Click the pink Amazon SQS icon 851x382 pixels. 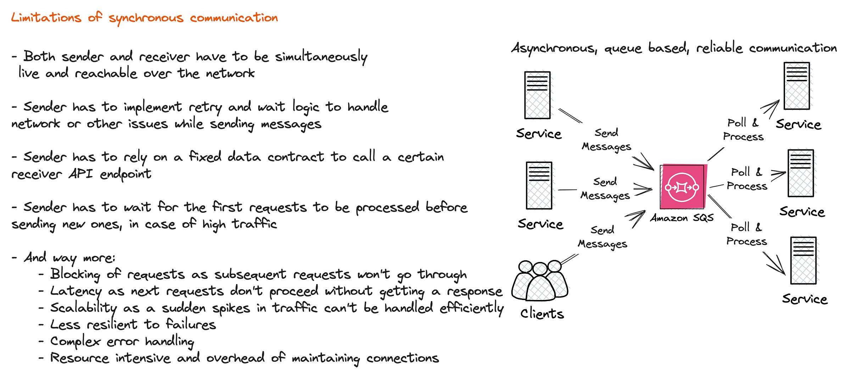tap(683, 187)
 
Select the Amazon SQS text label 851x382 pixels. tap(682, 218)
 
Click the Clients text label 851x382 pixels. tap(542, 313)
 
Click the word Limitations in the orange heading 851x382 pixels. tap(46, 17)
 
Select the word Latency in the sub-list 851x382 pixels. tap(76, 291)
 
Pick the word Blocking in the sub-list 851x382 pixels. tap(75, 274)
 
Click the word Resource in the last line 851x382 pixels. tap(79, 358)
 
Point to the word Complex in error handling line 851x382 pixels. tap(75, 341)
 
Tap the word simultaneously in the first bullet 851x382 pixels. tap(321, 57)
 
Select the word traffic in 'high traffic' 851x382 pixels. tap(254, 224)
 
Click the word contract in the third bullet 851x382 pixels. tap(296, 157)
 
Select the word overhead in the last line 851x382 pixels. tap(235, 358)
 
